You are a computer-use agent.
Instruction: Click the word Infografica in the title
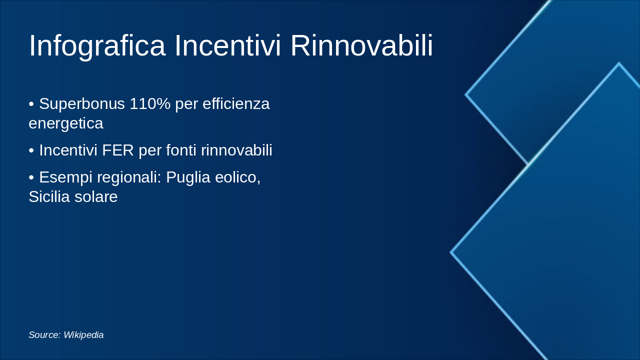97,45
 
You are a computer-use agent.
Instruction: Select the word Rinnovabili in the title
361,45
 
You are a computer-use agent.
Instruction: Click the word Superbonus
82,104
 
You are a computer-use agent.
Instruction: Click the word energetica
66,123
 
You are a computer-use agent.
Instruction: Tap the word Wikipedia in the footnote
83,335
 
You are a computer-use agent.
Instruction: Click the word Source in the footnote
43,335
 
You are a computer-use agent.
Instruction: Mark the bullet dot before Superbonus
31,104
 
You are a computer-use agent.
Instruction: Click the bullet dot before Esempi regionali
31,177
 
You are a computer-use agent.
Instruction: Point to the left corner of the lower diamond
451,252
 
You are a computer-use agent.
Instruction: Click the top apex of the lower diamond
618,64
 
